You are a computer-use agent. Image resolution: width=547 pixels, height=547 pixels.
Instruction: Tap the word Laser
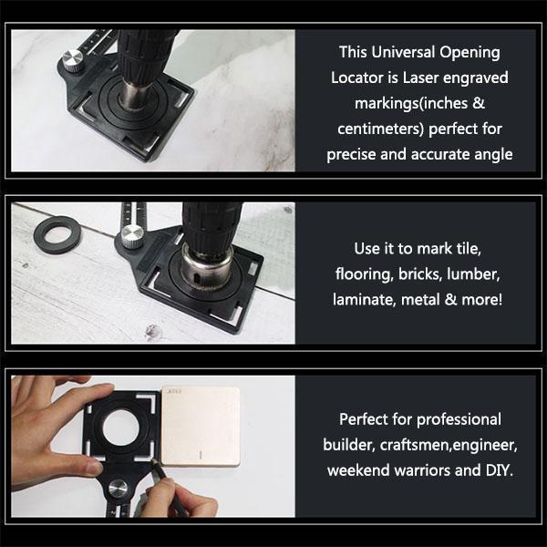432,77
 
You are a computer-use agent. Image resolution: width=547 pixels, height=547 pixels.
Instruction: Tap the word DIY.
497,470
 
